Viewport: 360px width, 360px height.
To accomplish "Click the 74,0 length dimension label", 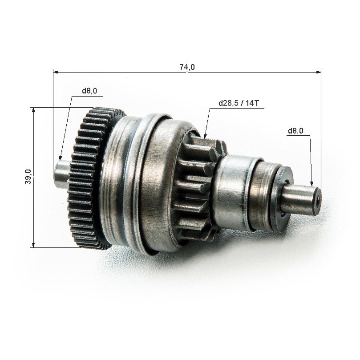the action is [x=187, y=67].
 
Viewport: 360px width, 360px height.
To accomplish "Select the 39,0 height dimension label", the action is [x=28, y=177].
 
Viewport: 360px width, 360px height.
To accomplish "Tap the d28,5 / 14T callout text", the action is [x=239, y=103].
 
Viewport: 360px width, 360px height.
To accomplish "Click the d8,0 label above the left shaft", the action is [x=89, y=91].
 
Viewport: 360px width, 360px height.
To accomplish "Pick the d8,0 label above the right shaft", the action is [x=296, y=131].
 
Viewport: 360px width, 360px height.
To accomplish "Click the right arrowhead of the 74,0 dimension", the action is [x=318, y=73].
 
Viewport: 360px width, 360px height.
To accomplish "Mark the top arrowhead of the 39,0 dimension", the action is [x=33, y=110].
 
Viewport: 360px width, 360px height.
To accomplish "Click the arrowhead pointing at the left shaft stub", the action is [x=61, y=158].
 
